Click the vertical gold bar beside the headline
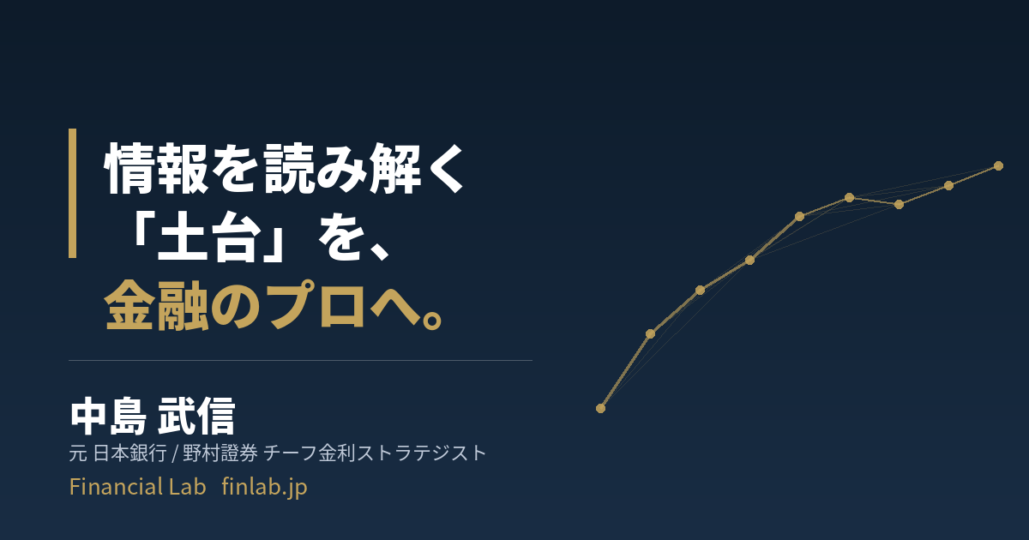73,193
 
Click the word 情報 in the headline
157,169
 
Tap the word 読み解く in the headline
364,169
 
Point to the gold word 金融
157,305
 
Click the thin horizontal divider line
300,361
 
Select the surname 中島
108,417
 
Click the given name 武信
196,417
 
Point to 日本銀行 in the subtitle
130,453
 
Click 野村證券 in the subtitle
220,453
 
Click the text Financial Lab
137,486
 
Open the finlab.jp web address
264,487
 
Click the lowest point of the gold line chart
600,408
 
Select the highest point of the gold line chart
998,165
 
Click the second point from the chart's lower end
651,333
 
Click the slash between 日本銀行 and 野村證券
175,453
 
